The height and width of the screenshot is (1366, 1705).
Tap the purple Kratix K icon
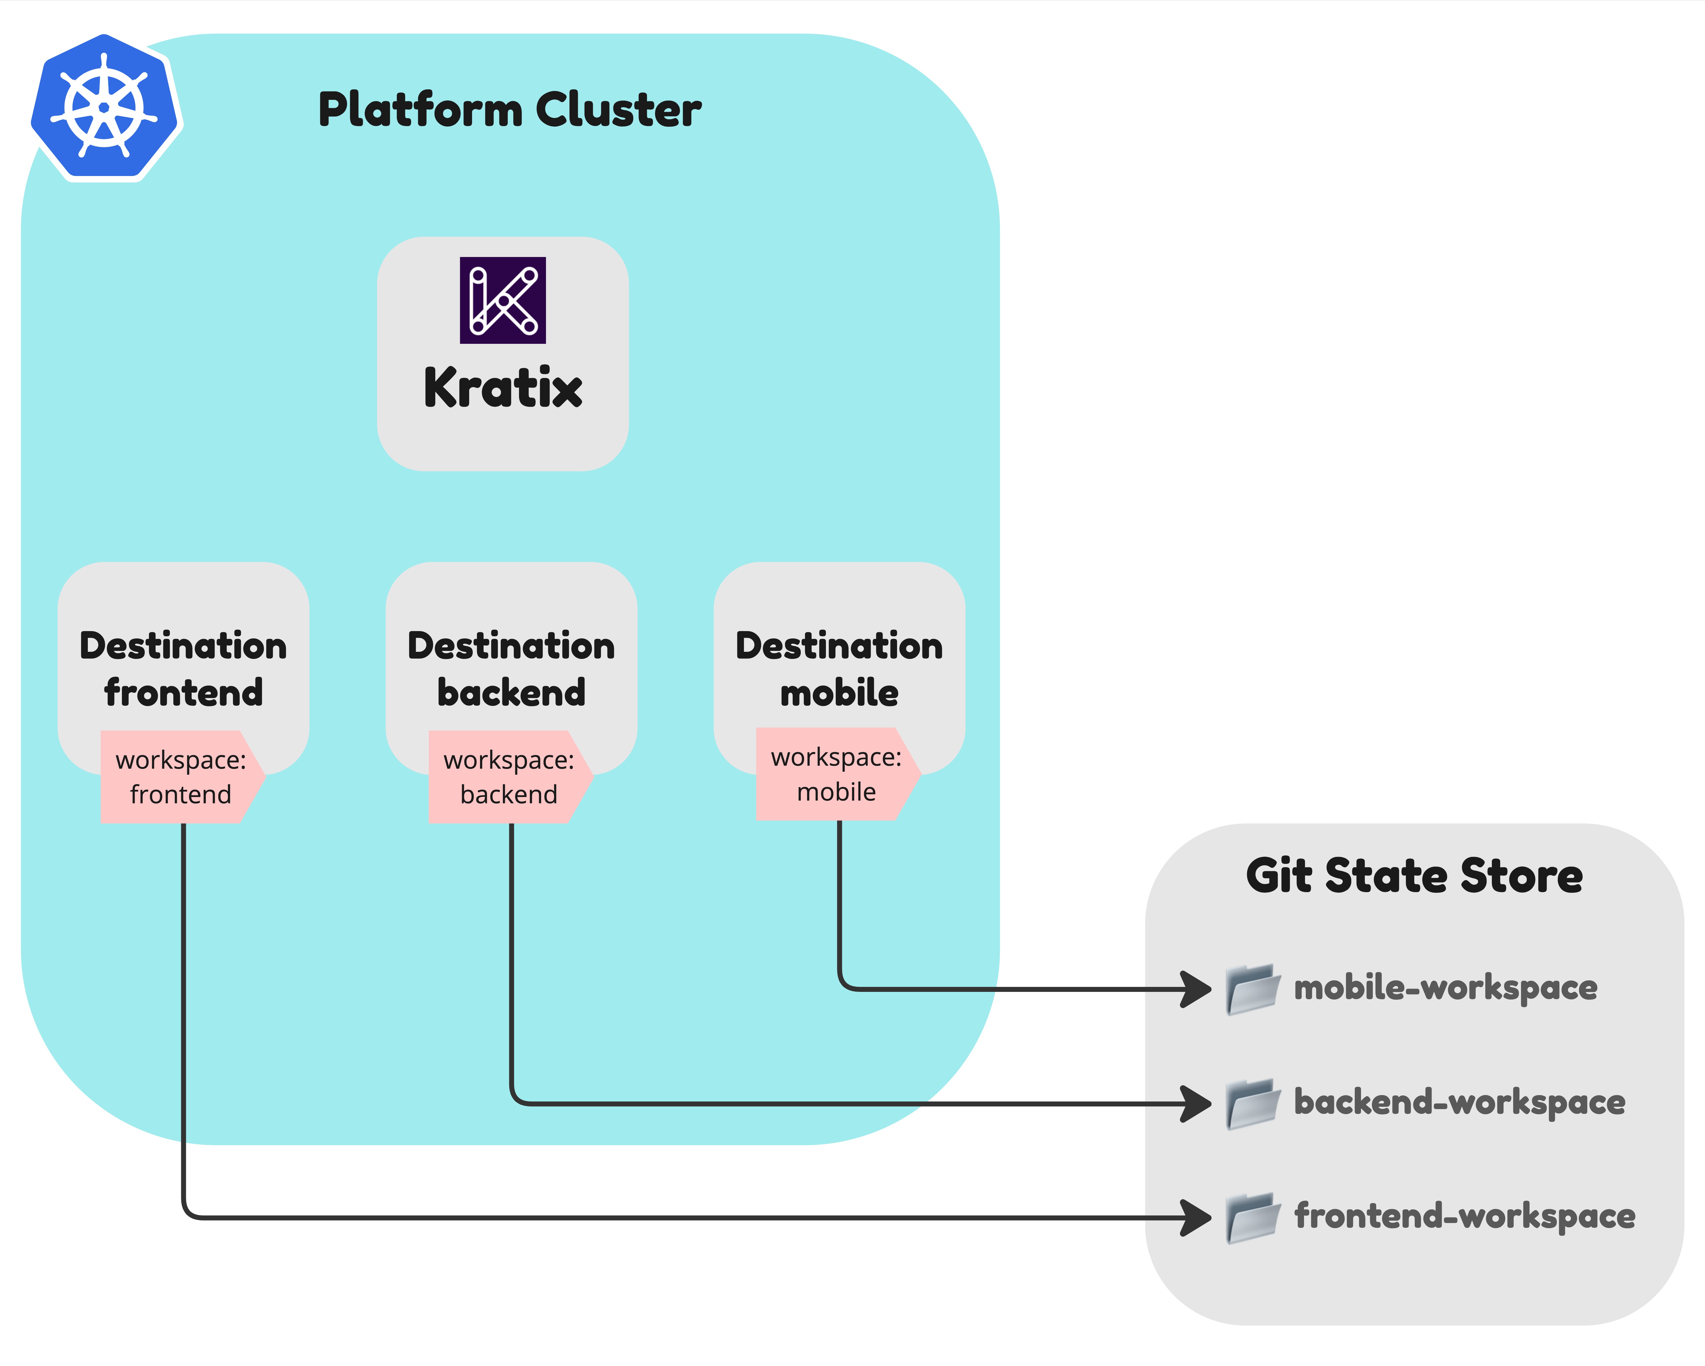503,300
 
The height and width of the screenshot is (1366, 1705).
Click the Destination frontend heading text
183,669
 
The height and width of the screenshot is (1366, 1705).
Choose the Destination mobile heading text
839,669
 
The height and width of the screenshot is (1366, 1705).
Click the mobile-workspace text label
1445,987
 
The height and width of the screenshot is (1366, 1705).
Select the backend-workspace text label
1459,1102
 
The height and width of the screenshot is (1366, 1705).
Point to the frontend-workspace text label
1464,1216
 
